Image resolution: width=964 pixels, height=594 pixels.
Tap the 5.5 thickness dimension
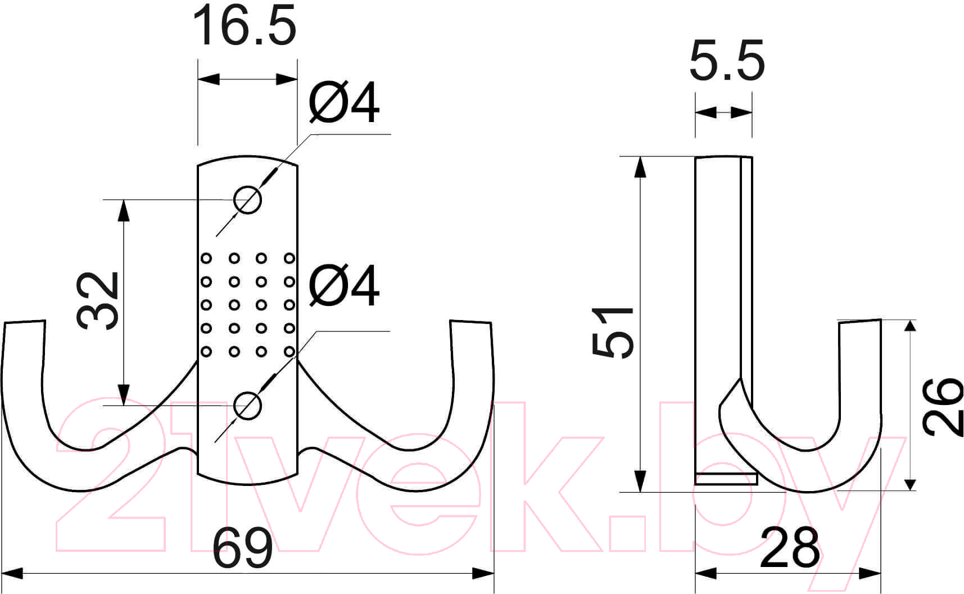pos(727,60)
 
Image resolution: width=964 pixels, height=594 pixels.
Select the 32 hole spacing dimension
pos(98,301)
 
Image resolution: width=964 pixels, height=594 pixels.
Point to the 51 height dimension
pos(613,332)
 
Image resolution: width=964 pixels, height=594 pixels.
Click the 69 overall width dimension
pos(243,548)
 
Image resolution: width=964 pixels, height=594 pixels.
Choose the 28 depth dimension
pos(789,547)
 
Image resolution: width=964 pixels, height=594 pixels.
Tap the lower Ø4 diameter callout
pos(344,286)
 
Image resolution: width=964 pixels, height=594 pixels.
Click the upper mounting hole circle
pos(248,200)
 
